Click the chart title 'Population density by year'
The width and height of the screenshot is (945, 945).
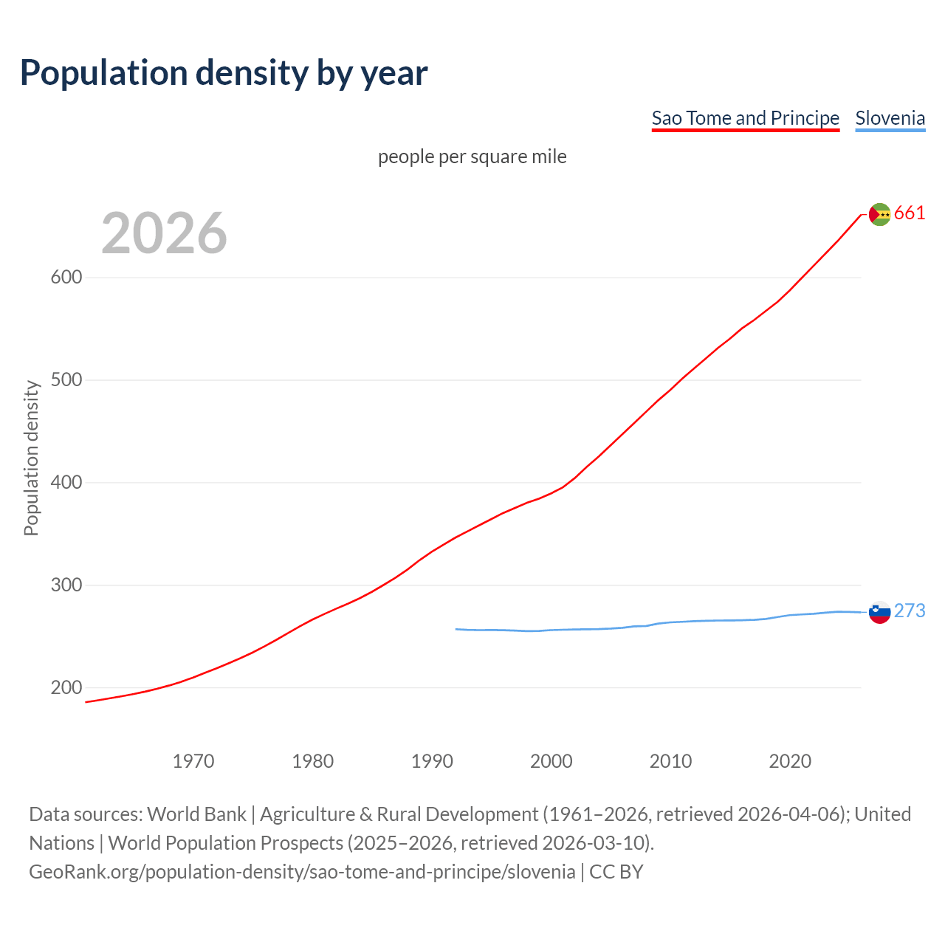coord(224,72)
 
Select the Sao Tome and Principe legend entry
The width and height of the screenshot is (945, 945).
coord(745,118)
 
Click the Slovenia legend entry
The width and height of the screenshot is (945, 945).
coord(890,118)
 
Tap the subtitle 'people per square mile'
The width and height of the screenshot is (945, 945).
coord(472,157)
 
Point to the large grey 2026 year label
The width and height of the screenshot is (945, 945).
coord(164,233)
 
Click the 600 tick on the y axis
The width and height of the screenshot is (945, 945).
coord(66,278)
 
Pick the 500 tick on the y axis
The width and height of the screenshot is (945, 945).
coord(66,380)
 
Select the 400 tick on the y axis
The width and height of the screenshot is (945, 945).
coord(66,483)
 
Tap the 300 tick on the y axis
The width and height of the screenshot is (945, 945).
coord(66,585)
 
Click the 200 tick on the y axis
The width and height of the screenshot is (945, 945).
coord(66,688)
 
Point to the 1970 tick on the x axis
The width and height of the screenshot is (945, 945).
coord(193,761)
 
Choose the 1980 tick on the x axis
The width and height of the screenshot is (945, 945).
coord(313,761)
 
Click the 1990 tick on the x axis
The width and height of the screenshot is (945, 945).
coord(432,761)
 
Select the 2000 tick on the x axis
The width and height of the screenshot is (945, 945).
coord(551,761)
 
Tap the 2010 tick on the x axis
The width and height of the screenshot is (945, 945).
coord(670,761)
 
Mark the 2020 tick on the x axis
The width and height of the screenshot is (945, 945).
coord(790,761)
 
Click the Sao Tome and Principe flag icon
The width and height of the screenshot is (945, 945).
coord(879,214)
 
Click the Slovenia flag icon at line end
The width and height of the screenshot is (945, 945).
coord(879,612)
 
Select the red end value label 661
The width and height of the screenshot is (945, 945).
coord(910,213)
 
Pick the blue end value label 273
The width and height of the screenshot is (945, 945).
coord(910,611)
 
